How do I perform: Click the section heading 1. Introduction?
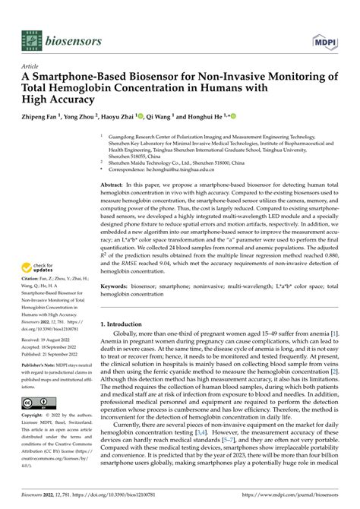click(x=127, y=324)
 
